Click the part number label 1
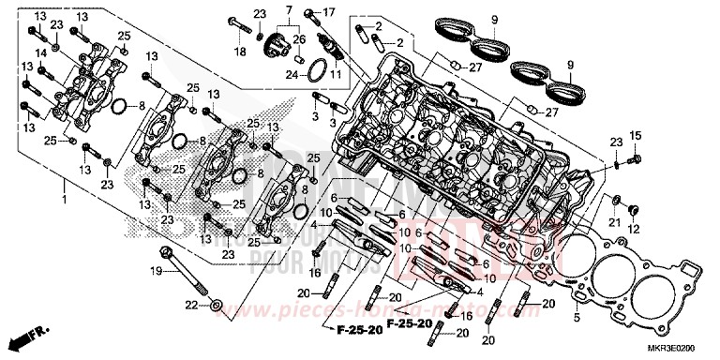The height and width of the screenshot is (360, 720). [x=64, y=201]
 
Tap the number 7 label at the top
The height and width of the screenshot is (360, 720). [x=290, y=9]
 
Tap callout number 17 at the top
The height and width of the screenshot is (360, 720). [x=328, y=12]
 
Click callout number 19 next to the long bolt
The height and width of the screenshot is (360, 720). [x=157, y=270]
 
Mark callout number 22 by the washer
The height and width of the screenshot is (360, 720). [x=191, y=306]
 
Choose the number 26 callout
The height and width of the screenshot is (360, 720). [x=299, y=38]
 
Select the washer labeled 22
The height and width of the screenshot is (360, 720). [x=217, y=305]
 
